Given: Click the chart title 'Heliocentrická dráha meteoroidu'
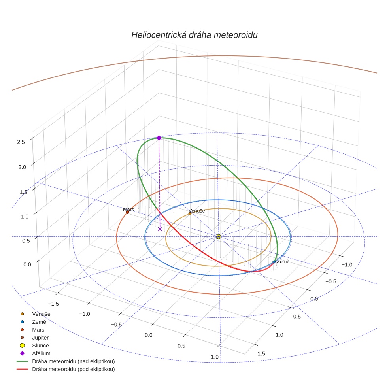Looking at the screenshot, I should point(194,35).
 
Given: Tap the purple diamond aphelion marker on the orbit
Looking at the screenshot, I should point(159,138).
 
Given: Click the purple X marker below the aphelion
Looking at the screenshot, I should point(160,229).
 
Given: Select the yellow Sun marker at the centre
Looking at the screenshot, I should point(219,236).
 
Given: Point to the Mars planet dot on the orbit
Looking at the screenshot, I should point(127,212).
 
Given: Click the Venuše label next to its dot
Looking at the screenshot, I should point(197,211).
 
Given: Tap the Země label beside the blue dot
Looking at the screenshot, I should point(283,262).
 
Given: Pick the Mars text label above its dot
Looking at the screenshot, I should point(128,209).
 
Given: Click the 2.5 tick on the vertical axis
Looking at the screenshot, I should point(21,142).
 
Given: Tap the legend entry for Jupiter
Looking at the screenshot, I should point(40,338).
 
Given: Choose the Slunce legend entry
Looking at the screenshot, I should point(40,346).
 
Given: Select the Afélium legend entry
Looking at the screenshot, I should point(41,353).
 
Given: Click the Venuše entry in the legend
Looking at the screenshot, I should point(41,314).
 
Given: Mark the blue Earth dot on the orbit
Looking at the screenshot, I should point(274,262).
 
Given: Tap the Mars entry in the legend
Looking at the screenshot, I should point(38,330).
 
